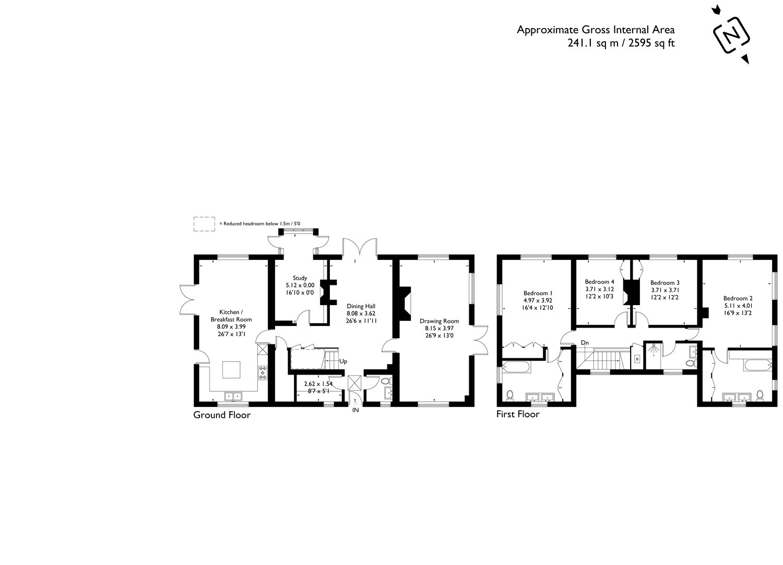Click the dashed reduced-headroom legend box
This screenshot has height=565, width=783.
204,223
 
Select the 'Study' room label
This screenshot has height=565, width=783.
300,278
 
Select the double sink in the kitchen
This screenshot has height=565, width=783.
231,396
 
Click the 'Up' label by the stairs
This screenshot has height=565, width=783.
343,361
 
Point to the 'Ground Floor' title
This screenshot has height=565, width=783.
222,415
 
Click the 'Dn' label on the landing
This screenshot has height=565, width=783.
584,343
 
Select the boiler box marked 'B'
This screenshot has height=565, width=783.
636,359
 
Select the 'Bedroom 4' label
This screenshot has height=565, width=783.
600,281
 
